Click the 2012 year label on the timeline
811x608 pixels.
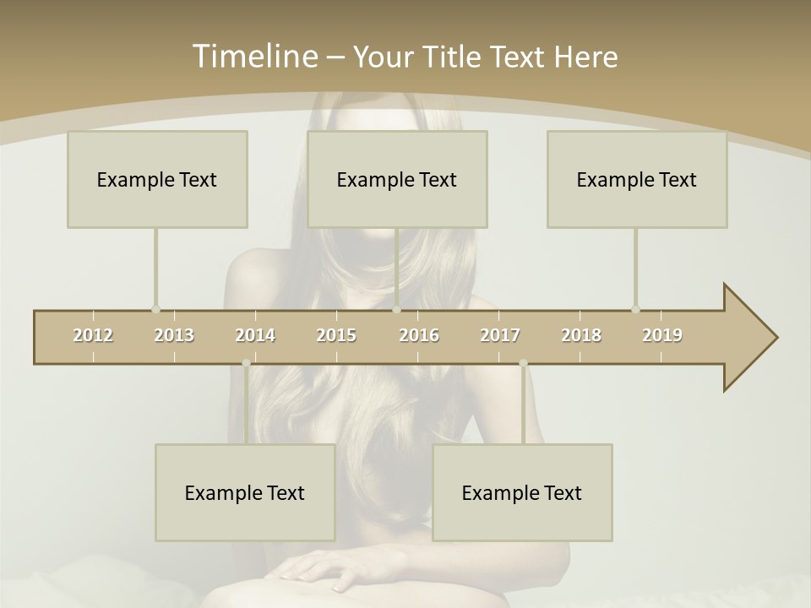point(93,335)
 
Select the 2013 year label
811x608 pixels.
point(174,335)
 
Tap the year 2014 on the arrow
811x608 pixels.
point(255,335)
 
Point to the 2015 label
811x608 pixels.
point(336,335)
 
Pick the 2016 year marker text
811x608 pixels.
point(419,335)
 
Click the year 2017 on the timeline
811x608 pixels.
point(500,335)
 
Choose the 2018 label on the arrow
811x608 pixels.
point(581,335)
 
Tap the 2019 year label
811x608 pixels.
point(662,335)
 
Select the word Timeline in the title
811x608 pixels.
point(253,57)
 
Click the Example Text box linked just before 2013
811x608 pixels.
point(157,179)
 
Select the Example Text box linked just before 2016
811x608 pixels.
point(397,179)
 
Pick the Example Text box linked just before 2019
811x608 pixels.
point(637,179)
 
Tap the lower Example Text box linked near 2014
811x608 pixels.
point(245,492)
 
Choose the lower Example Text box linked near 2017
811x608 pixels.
point(522,492)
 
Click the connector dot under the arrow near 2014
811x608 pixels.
point(246,363)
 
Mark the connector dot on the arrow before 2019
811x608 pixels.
point(635,309)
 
